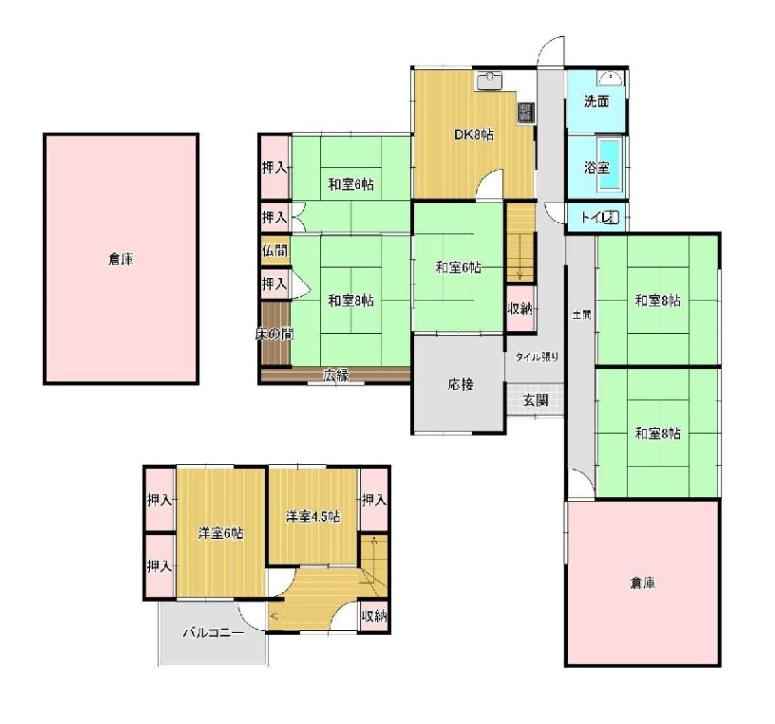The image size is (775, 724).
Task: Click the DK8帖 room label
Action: [x=474, y=135]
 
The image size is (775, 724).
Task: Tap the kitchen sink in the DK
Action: [x=489, y=81]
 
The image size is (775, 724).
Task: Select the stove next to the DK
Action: [x=525, y=113]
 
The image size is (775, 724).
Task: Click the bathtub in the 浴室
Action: [x=610, y=164]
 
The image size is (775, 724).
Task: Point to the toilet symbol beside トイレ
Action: [x=613, y=216]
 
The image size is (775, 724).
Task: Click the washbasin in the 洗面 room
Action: [x=611, y=78]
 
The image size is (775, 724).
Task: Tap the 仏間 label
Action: [x=274, y=251]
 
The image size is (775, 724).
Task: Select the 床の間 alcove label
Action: [x=274, y=334]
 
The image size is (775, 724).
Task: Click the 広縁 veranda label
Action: [x=336, y=376]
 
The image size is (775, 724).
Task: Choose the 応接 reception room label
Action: [x=461, y=384]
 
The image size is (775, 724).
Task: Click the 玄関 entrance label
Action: [x=536, y=400]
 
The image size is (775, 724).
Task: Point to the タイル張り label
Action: [x=537, y=357]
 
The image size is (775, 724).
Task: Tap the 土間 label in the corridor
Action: [x=581, y=315]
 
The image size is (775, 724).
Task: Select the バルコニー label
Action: [x=214, y=633]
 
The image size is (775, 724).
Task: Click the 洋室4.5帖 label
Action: [x=312, y=516]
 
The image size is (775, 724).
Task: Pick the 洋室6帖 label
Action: [x=220, y=533]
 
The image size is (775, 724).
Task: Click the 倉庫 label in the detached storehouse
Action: [x=122, y=259]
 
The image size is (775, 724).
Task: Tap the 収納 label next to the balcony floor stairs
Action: [x=374, y=616]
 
